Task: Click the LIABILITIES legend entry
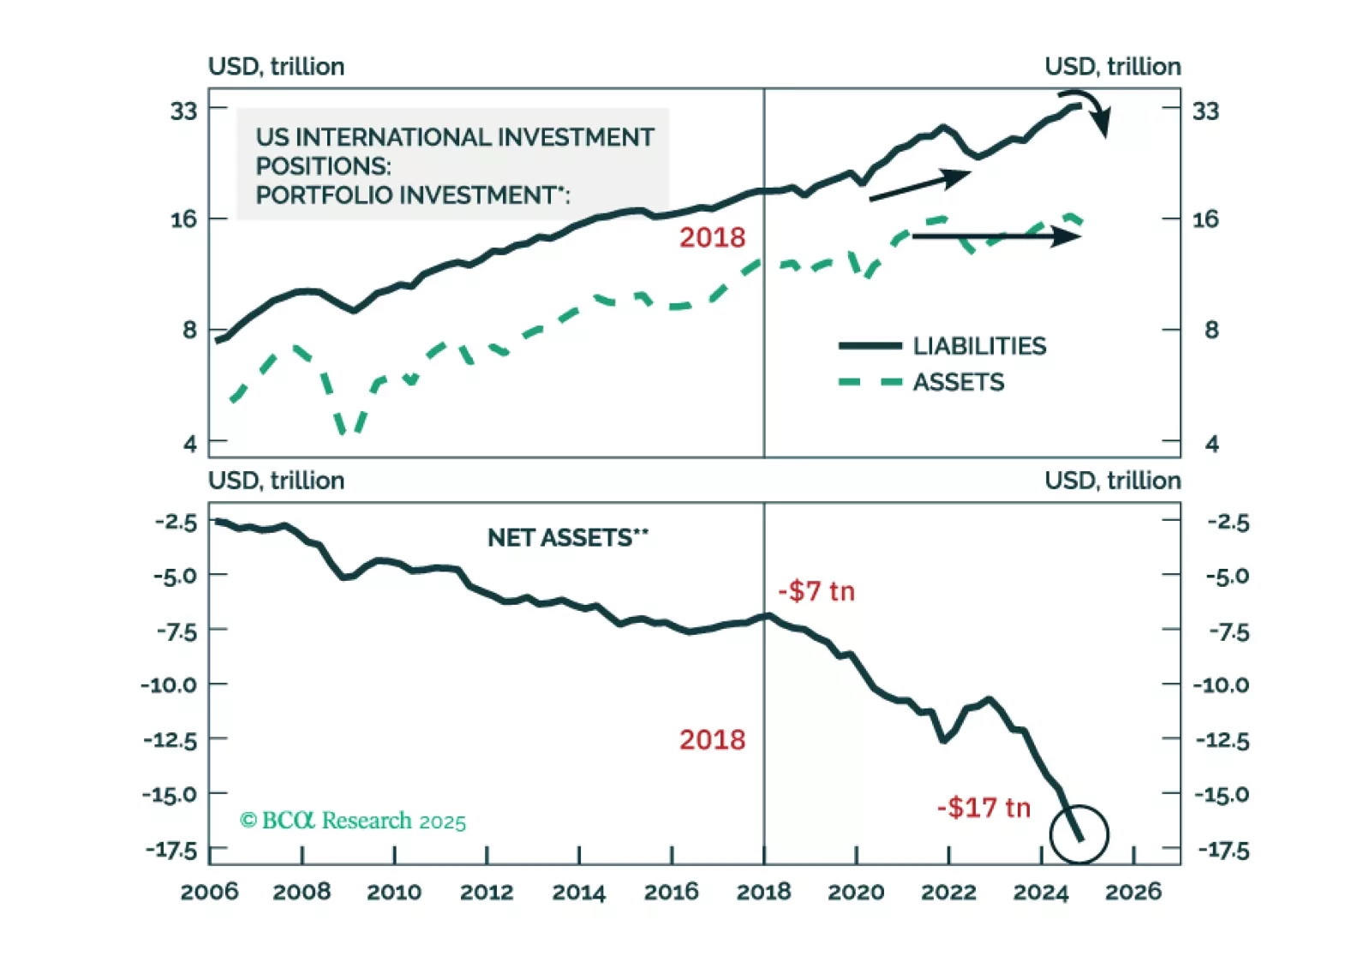[978, 346]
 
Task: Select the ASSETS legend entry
[958, 382]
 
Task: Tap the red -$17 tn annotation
[983, 807]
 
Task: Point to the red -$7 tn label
[816, 591]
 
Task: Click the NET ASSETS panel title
[567, 538]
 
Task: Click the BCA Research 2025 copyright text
[353, 821]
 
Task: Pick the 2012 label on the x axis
[487, 893]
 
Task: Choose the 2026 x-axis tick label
[1133, 893]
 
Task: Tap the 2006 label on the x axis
[210, 893]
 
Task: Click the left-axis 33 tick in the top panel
[183, 111]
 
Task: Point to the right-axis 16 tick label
[1205, 219]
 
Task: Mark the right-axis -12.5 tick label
[1223, 740]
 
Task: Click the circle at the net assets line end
[1079, 834]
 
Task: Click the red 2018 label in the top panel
[712, 237]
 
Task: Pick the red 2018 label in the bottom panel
[712, 739]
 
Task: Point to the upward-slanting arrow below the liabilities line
[919, 186]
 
